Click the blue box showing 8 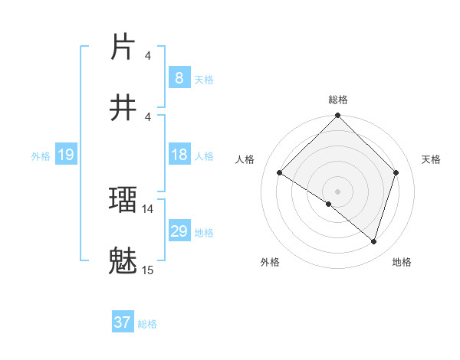179,78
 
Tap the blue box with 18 179,155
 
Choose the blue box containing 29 179,231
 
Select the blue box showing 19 65,155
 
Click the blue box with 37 122,322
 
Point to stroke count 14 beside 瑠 148,208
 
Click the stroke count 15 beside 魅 148,270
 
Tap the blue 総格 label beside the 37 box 147,324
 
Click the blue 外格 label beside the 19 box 41,156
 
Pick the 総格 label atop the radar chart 337,100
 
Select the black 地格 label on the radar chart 402,262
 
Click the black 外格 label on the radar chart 270,262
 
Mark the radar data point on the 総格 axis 337,116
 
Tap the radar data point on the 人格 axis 280,173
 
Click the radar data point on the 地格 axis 374,242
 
